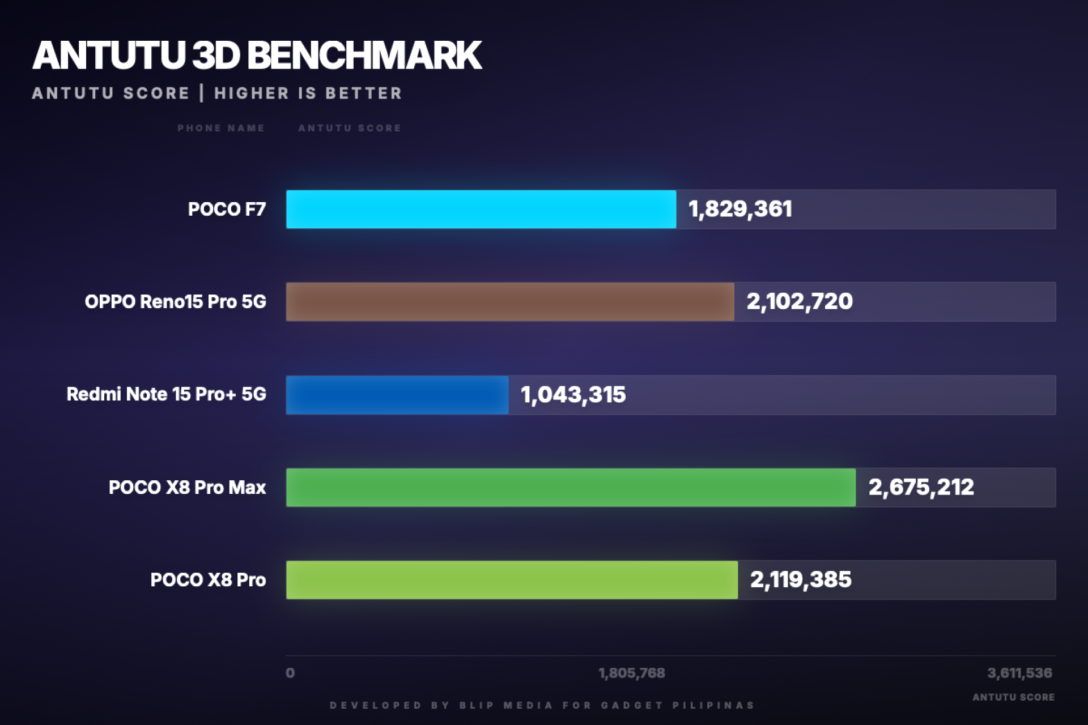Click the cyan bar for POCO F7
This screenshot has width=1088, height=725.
pyautogui.click(x=481, y=209)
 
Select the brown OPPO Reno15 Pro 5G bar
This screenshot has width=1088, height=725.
pyautogui.click(x=510, y=301)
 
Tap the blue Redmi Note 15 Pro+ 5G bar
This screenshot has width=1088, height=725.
pyautogui.click(x=397, y=395)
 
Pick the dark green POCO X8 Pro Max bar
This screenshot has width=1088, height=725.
pyautogui.click(x=571, y=487)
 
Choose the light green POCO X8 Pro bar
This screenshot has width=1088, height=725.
pyautogui.click(x=512, y=579)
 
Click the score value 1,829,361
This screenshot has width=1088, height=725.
pyautogui.click(x=740, y=209)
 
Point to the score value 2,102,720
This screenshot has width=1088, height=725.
pyautogui.click(x=799, y=301)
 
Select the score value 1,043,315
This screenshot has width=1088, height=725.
pyautogui.click(x=573, y=395)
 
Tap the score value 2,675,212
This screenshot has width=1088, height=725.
pyautogui.click(x=921, y=487)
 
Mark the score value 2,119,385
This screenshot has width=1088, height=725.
pyautogui.click(x=800, y=579)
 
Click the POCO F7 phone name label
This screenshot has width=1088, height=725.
pyautogui.click(x=227, y=209)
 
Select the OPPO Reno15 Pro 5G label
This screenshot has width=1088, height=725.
pyautogui.click(x=175, y=301)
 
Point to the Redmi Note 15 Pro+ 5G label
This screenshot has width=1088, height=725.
pyautogui.click(x=166, y=394)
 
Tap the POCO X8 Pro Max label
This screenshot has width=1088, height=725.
pyautogui.click(x=187, y=487)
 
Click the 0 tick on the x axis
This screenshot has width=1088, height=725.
pyautogui.click(x=290, y=673)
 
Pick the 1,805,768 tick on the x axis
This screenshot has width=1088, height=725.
pyautogui.click(x=631, y=673)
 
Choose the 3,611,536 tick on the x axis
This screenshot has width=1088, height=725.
pyautogui.click(x=1019, y=673)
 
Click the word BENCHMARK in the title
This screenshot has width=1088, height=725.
pyautogui.click(x=364, y=56)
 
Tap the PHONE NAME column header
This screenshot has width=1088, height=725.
pyautogui.click(x=221, y=128)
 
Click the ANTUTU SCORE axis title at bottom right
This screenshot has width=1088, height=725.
pyautogui.click(x=1013, y=697)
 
